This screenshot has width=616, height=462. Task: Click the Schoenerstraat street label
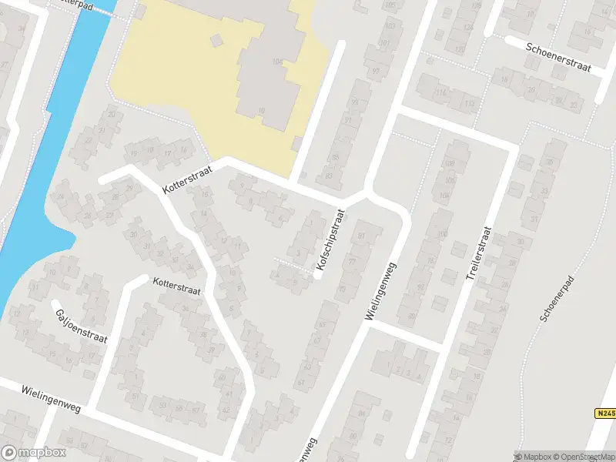558,57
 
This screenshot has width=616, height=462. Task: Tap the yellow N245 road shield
605,413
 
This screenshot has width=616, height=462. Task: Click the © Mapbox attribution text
534,457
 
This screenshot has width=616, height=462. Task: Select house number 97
377,72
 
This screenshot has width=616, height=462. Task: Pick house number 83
330,176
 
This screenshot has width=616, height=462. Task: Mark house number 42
226,410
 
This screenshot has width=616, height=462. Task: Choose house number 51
136,397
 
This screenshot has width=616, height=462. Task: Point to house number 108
450,164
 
